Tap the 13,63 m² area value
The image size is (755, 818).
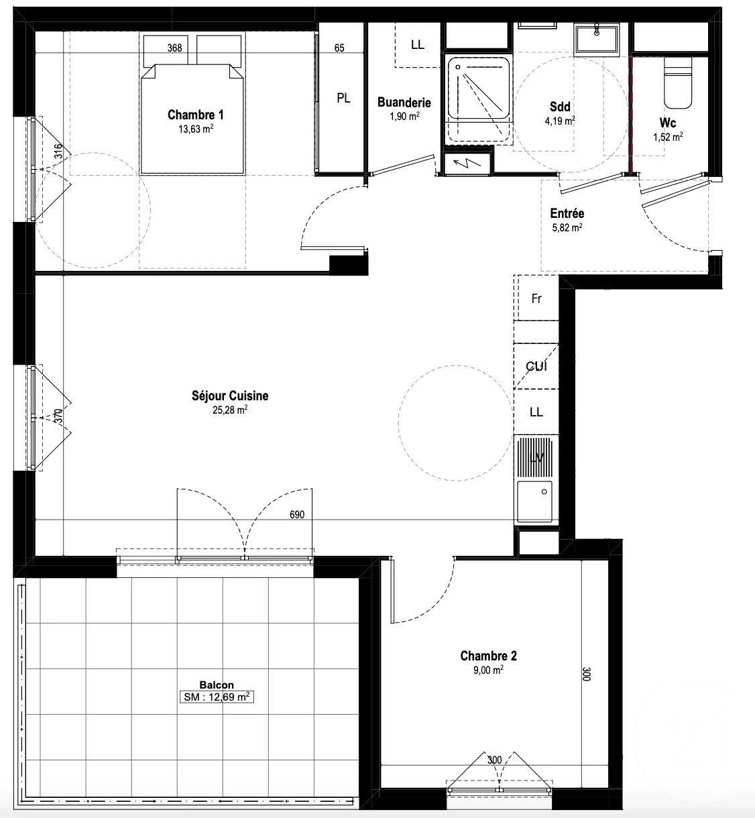pyautogui.click(x=196, y=129)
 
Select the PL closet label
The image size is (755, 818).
pyautogui.click(x=343, y=99)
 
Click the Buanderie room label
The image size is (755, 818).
pyautogui.click(x=404, y=103)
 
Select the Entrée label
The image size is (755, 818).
pyautogui.click(x=567, y=214)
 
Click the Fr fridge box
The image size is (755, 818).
pyautogui.click(x=536, y=299)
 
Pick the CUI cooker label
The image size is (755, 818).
pyautogui.click(x=536, y=367)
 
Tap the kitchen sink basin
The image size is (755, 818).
pyautogui.click(x=534, y=500)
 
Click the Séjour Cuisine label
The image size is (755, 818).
pyautogui.click(x=229, y=396)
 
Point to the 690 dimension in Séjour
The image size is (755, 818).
pyautogui.click(x=297, y=515)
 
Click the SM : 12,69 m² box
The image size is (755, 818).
pyautogui.click(x=217, y=697)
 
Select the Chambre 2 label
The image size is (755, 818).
pyautogui.click(x=488, y=656)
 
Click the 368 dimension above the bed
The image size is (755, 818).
pyautogui.click(x=174, y=48)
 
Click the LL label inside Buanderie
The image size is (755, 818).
pyautogui.click(x=418, y=45)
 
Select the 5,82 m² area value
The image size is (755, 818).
pyautogui.click(x=567, y=227)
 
